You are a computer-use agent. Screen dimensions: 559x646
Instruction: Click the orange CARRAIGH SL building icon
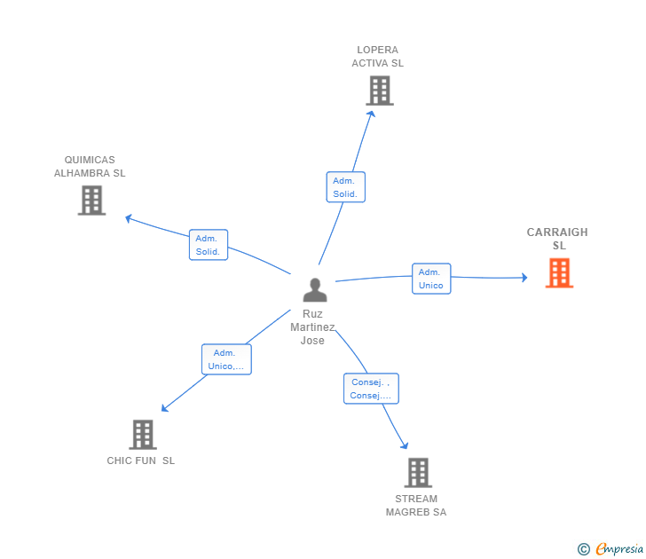pos(559,272)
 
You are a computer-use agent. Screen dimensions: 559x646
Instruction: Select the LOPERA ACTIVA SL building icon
pos(379,91)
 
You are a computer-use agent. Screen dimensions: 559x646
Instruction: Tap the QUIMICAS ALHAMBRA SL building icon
pos(91,200)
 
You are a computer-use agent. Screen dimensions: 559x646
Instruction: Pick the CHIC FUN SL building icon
pos(142,434)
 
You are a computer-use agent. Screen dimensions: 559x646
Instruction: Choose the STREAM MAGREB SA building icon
pos(418,472)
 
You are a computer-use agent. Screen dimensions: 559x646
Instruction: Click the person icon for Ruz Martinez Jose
pos(314,290)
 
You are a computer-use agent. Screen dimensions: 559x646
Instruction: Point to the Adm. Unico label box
pos(431,279)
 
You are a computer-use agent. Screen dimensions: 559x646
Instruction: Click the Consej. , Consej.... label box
pos(371,389)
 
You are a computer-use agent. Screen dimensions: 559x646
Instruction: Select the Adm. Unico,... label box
pos(226,359)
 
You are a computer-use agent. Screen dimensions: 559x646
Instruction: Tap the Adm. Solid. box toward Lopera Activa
pos(345,187)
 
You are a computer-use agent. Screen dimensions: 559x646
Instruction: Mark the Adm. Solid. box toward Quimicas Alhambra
pos(209,245)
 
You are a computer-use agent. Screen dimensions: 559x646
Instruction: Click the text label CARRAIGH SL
pos(557,239)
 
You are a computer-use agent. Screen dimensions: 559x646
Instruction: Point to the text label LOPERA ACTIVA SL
pos(377,57)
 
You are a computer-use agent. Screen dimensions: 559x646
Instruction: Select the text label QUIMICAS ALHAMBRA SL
pos(90,167)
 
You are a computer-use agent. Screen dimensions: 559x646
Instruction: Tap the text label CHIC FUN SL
pos(141,461)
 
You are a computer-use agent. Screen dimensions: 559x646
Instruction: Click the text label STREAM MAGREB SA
pos(416,505)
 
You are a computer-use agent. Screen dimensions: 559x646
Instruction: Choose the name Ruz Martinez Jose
pos(312,327)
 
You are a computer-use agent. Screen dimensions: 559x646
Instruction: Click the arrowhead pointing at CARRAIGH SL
pos(524,278)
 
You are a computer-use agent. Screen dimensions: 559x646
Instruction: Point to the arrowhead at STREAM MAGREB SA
pos(405,445)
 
